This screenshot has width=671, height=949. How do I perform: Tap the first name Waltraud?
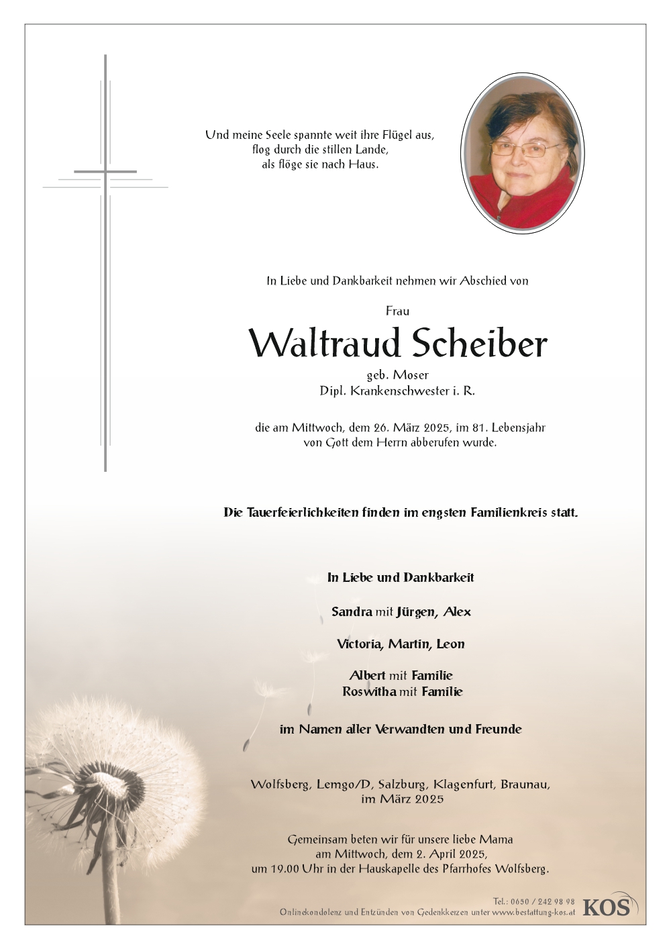325,344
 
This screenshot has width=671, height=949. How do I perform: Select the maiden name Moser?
413,375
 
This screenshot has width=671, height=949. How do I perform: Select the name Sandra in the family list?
352,611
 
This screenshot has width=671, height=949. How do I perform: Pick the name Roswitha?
368,691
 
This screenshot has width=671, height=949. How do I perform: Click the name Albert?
367,675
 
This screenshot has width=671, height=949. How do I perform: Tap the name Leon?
450,644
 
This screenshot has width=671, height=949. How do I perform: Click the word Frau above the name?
397,311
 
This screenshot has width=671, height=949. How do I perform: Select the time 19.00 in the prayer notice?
289,868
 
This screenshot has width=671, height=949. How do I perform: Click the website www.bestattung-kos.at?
533,912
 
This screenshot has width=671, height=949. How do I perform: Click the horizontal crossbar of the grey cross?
105,172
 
